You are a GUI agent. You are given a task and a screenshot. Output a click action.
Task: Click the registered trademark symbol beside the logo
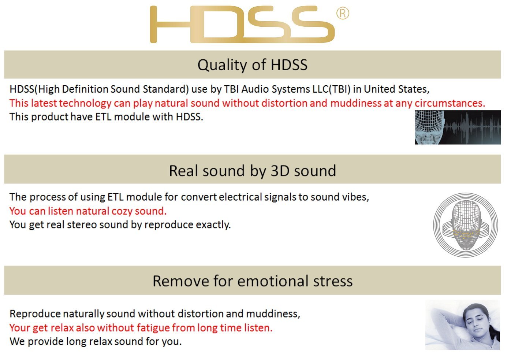[x=343, y=14]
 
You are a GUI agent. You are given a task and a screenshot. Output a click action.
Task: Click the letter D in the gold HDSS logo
[x=217, y=24]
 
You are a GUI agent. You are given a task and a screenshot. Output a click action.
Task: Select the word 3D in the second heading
[x=280, y=171]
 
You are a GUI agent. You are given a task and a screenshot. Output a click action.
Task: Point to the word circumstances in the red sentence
[x=450, y=104]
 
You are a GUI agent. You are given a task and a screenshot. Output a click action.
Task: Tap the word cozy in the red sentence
[x=122, y=211]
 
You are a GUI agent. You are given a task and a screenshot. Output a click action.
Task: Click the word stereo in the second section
[x=82, y=225]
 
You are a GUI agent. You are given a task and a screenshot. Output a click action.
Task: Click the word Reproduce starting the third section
[x=35, y=314]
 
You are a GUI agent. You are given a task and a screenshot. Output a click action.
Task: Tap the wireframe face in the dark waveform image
[x=430, y=127]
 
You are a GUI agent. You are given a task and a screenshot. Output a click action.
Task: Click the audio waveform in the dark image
[x=473, y=128]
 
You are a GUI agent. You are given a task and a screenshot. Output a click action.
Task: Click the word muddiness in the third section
[x=273, y=314]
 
